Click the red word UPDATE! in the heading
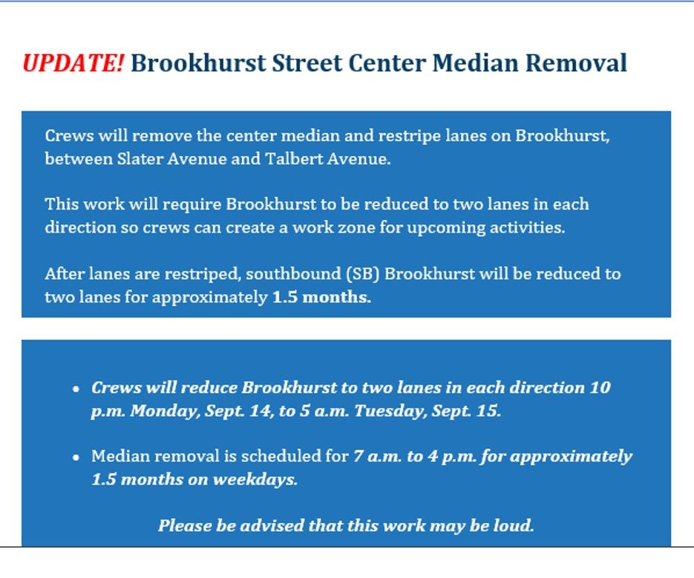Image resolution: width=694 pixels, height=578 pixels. pyautogui.click(x=73, y=63)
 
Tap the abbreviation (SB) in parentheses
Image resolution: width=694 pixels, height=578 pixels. pyautogui.click(x=363, y=273)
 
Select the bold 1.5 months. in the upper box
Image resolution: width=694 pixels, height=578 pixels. pyautogui.click(x=321, y=297)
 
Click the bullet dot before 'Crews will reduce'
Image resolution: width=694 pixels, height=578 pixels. pyautogui.click(x=76, y=389)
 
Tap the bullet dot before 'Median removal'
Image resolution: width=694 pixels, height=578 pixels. pyautogui.click(x=76, y=457)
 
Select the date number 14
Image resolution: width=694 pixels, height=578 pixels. pyautogui.click(x=258, y=411)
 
